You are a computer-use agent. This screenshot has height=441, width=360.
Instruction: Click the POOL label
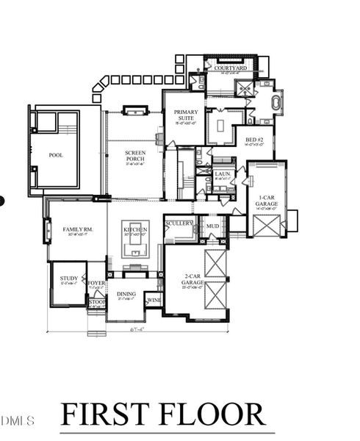[56, 155]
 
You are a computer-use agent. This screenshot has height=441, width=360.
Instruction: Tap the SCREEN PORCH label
[135, 156]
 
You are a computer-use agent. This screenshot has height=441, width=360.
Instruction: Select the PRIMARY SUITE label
[186, 116]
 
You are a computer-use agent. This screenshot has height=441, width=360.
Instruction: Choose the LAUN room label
[223, 174]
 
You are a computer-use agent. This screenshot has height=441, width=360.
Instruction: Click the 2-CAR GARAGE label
[192, 280]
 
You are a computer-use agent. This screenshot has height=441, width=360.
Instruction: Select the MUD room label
[212, 226]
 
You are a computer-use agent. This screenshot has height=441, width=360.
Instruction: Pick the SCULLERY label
[179, 223]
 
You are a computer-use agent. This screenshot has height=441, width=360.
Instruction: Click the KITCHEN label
[135, 230]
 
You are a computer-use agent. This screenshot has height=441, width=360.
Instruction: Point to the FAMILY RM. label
[77, 230]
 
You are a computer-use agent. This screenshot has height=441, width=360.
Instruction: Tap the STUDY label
[68, 279]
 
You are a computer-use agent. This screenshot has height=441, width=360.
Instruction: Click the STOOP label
[97, 301]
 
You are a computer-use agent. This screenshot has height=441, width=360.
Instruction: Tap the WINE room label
[154, 300]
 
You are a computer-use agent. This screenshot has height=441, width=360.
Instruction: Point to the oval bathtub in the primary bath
[278, 101]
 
